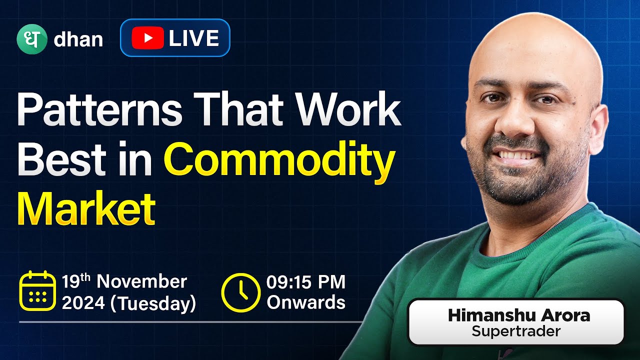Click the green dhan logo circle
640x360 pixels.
coord(31,38)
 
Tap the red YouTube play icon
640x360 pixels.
coord(147,38)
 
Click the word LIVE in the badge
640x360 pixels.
coord(193,38)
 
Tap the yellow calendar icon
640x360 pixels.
coord(37,290)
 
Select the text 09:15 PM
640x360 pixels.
coord(306,282)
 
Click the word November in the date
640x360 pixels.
coord(141,281)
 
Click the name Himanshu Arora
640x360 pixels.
coord(519,315)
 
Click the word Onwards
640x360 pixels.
coord(305,303)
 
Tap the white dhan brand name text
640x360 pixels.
coord(78,39)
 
